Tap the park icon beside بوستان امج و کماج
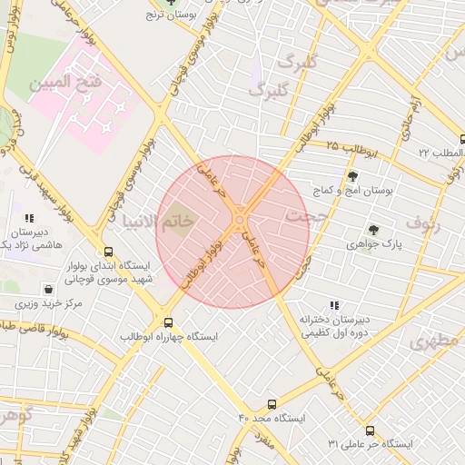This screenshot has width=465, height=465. point(351,176)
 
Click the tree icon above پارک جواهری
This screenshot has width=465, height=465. point(373,230)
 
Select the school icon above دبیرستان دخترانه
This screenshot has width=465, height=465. point(334,305)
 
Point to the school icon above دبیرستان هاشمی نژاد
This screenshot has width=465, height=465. point(30,218)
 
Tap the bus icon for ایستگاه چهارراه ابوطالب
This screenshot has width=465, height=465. point(168,322)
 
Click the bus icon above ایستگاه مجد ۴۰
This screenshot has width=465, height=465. point(272,403)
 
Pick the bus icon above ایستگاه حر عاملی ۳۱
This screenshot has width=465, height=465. point(370,430)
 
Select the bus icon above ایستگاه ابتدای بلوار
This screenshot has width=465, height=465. point(109,252)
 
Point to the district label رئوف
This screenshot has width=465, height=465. point(422,222)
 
